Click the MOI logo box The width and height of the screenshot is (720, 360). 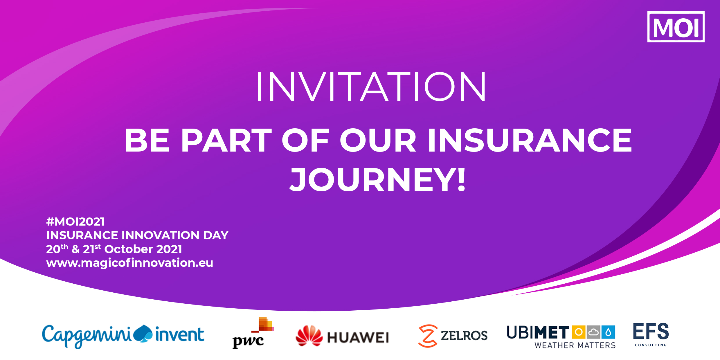[676, 27]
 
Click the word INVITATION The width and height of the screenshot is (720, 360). [371, 87]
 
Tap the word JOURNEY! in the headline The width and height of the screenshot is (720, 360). [377, 180]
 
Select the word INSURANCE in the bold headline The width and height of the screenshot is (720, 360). [530, 140]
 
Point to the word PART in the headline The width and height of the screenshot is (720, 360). [226, 140]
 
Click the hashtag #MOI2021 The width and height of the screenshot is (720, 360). [75, 222]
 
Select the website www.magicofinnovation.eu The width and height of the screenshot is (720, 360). [129, 263]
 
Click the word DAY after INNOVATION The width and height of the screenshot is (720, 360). [216, 235]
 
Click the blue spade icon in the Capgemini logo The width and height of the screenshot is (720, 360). [143, 334]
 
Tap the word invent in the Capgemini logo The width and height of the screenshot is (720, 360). [180, 334]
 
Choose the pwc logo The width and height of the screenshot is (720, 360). [253, 333]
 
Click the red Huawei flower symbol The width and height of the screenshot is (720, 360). [309, 336]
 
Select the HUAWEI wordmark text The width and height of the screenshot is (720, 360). [358, 338]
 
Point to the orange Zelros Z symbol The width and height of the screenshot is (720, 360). [428, 336]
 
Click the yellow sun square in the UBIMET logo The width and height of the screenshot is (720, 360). [579, 332]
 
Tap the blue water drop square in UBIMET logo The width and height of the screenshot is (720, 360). [608, 332]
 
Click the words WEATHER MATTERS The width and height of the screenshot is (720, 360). [575, 345]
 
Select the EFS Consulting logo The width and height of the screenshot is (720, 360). [651, 335]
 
